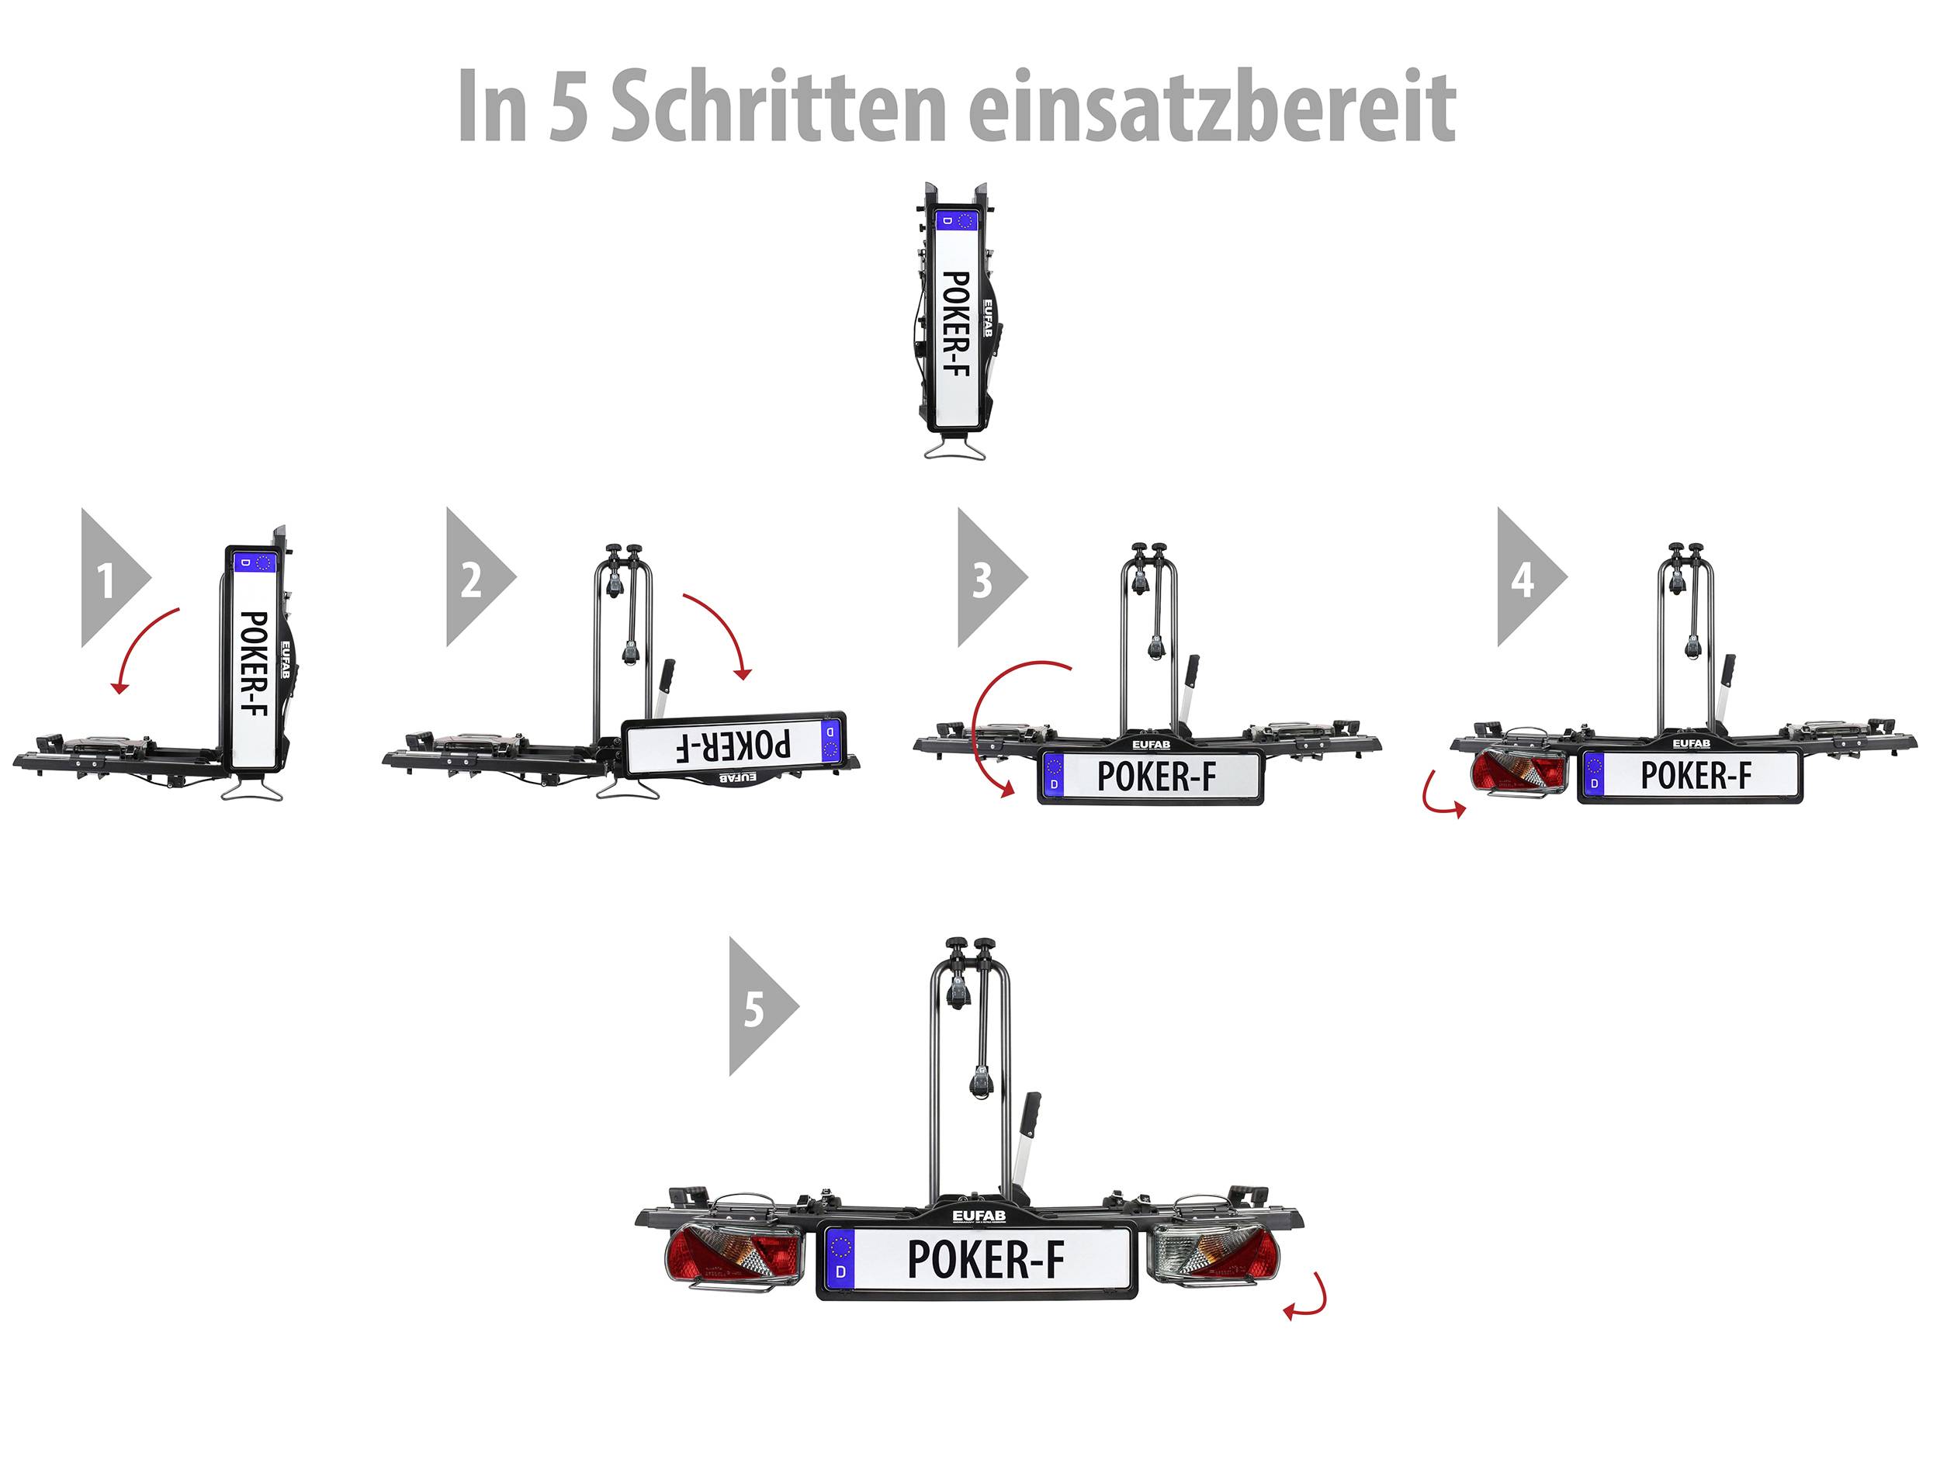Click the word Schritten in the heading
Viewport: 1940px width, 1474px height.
[x=778, y=107]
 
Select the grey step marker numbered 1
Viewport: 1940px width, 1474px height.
[x=110, y=578]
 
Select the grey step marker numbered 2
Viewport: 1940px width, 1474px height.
[x=475, y=578]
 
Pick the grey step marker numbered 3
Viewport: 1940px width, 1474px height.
[x=986, y=578]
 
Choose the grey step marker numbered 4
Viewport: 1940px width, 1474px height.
[x=1526, y=578]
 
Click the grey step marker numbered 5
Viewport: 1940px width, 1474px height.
[x=757, y=1007]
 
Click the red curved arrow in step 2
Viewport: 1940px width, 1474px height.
[x=719, y=631]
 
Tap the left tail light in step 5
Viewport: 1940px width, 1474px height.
[x=733, y=1258]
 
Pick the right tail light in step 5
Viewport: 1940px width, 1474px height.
[x=1214, y=1258]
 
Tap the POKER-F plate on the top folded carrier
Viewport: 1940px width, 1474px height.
[x=954, y=322]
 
